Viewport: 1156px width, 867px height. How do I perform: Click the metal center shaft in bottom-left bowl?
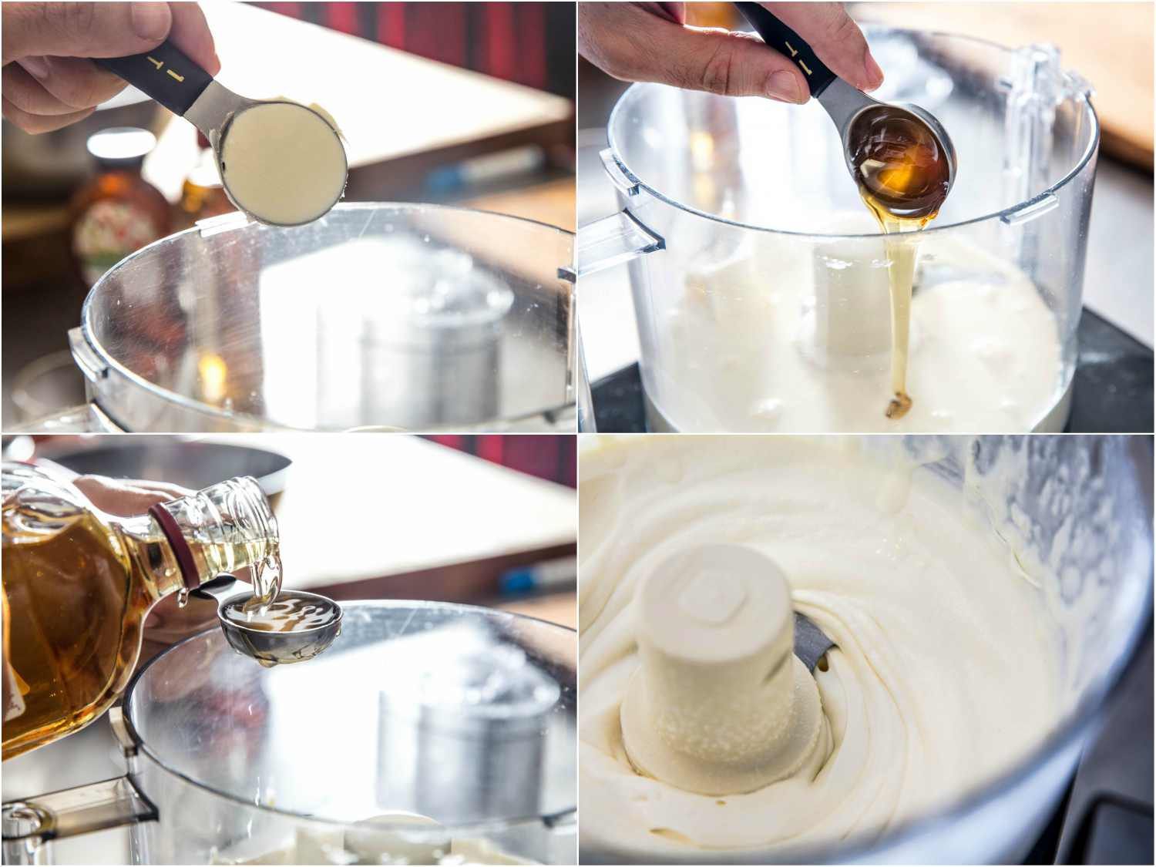pyautogui.click(x=470, y=740)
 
